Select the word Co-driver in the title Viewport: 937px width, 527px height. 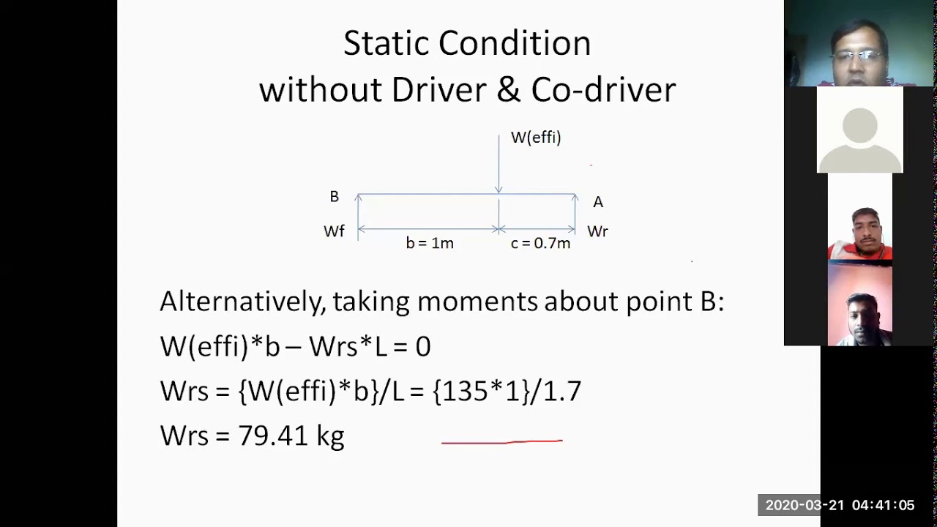pos(603,90)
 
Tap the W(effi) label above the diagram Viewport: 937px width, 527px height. pos(536,138)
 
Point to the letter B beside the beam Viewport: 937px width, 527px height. pos(334,197)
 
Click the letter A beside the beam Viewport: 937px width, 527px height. pos(598,202)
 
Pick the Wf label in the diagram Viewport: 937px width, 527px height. pos(334,231)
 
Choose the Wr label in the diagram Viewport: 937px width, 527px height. pos(597,231)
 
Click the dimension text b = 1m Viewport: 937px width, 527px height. pos(430,243)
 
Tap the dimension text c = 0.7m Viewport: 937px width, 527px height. pos(540,243)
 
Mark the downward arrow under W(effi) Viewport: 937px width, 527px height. pos(499,165)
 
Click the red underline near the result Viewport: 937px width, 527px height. pos(502,441)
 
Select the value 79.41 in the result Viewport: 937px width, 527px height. pos(273,436)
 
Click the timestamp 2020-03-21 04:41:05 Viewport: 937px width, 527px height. pos(840,505)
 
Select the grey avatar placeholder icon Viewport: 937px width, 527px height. pos(859,130)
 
